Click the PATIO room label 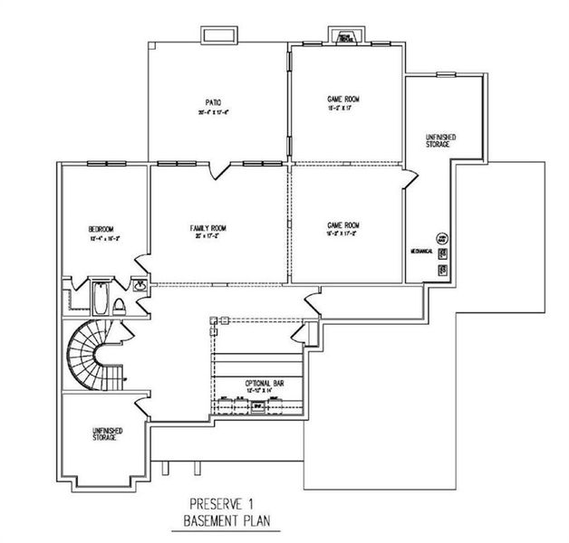(214, 103)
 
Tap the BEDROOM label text (100, 228)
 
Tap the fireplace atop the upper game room (344, 37)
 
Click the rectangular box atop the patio (219, 35)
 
